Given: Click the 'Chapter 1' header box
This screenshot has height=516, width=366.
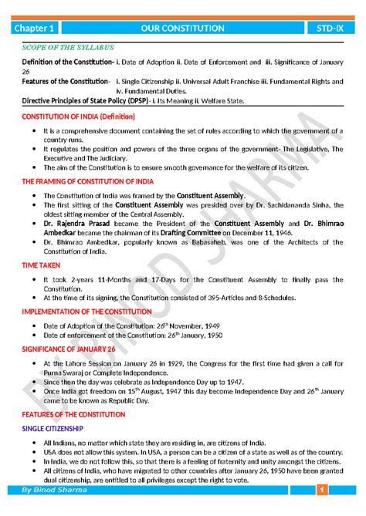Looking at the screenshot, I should pos(36,29).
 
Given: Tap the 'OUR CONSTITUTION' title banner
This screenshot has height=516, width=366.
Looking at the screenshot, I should pos(183,29).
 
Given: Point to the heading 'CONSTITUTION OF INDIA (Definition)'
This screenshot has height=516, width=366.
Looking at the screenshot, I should pos(78,116).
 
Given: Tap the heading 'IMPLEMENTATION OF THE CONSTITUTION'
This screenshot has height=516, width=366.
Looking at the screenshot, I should pos(90,311).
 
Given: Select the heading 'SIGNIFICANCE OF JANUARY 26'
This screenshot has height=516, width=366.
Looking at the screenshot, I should pos(69,348).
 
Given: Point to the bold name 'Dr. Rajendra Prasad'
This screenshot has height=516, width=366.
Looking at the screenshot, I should pos(78,222).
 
